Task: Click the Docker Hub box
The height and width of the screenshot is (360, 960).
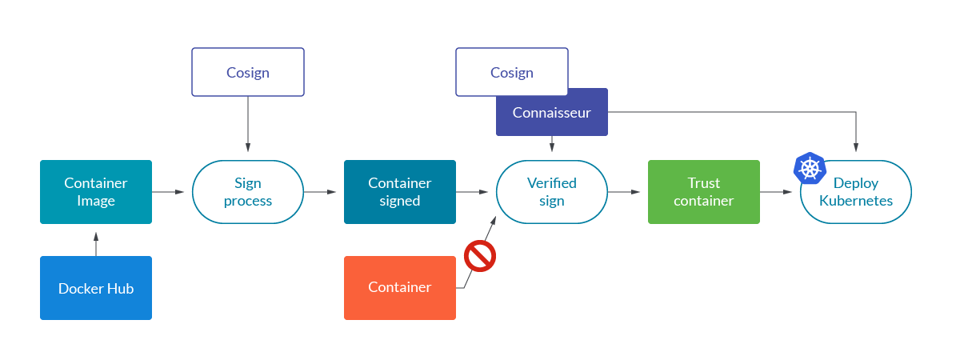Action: pos(96,288)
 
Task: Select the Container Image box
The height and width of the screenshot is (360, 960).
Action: pos(96,192)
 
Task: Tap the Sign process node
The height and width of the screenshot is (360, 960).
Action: pos(248,192)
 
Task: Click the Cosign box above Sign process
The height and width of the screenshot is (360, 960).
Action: pos(248,72)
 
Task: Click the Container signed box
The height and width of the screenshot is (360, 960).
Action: pos(400,192)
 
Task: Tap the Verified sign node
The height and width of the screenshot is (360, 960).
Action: pos(552,192)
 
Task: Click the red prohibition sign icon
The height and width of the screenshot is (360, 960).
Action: pos(480,257)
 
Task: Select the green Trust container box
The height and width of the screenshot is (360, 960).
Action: pos(704,192)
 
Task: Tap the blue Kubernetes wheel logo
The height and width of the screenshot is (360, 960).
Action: pos(810,168)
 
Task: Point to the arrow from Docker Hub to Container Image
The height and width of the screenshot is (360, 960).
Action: pos(96,244)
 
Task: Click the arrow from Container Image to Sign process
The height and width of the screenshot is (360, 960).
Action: pos(168,192)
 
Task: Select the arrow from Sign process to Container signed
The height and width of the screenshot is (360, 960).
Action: pos(320,192)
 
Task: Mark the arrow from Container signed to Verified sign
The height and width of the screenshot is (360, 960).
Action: pos(472,192)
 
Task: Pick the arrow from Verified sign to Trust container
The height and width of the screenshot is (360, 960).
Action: pos(624,192)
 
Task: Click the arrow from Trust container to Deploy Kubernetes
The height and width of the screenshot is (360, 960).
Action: pos(776,192)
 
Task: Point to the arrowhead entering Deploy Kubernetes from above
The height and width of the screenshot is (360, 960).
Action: pos(856,147)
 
